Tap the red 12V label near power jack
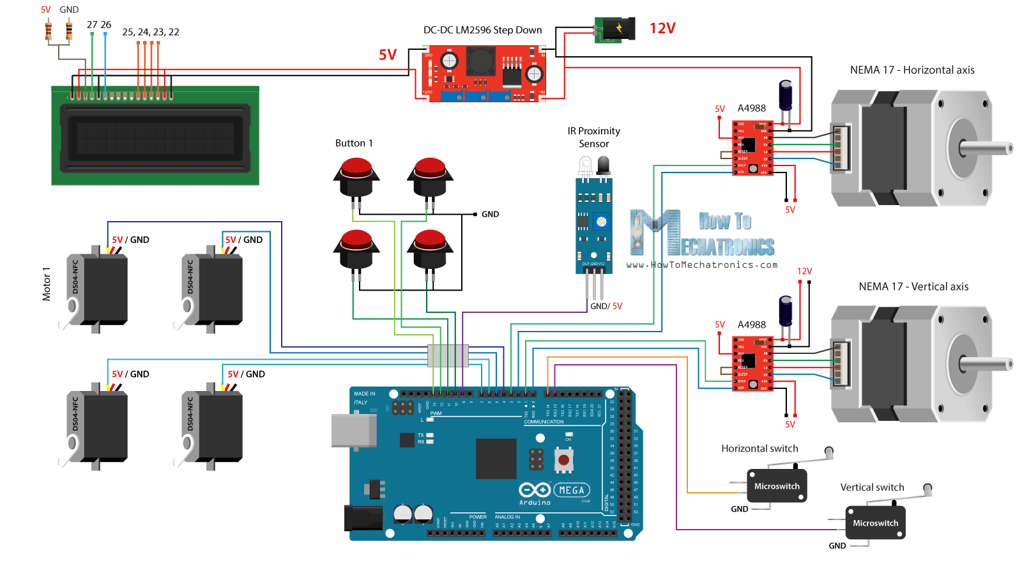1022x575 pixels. point(662,28)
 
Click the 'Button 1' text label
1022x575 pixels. point(354,143)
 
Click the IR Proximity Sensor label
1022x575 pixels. point(594,137)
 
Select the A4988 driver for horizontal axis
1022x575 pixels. point(753,148)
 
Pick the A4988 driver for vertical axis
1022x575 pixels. point(753,364)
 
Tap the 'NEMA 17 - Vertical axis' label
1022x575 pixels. point(913,287)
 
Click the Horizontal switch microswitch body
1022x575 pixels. point(777,486)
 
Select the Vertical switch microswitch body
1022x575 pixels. point(875,523)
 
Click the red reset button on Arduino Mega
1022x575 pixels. point(563,459)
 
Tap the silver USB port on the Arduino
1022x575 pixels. point(352,430)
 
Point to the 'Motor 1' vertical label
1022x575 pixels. point(46,284)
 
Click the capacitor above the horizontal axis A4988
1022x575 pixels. point(786,96)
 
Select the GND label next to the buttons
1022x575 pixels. point(490,215)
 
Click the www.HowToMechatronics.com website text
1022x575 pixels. point(702,264)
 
